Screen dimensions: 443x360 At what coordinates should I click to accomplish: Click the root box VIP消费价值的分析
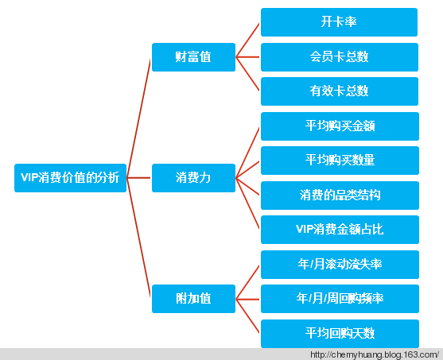click(70, 178)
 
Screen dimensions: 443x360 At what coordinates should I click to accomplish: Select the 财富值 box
click(193, 57)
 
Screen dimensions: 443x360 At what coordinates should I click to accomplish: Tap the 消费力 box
click(193, 178)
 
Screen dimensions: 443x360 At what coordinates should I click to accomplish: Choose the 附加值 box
click(193, 299)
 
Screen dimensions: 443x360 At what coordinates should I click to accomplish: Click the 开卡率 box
click(339, 22)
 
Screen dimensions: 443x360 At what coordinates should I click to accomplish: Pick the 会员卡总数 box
click(340, 57)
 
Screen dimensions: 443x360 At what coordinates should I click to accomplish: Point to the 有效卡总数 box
click(340, 91)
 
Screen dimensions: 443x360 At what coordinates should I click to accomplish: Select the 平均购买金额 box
click(340, 126)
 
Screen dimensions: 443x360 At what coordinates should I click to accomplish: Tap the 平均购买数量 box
click(340, 161)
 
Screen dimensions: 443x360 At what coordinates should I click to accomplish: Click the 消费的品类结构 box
click(340, 195)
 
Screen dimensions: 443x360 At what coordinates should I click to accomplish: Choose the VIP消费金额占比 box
click(340, 230)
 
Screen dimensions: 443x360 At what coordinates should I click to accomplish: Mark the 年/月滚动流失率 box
click(340, 265)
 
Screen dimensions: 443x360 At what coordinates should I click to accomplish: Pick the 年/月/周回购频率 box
click(340, 299)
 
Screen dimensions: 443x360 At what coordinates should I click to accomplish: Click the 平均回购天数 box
click(340, 334)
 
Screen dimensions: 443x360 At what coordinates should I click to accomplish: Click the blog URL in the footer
click(375, 354)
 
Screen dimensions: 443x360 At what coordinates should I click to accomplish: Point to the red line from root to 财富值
click(138, 118)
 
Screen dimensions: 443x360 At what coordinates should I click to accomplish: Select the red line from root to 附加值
click(138, 238)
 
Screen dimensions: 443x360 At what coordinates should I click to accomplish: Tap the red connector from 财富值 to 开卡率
click(247, 40)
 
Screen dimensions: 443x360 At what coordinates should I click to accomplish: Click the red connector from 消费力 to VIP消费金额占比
click(247, 203)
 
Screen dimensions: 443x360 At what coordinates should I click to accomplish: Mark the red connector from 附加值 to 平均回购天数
click(247, 316)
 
